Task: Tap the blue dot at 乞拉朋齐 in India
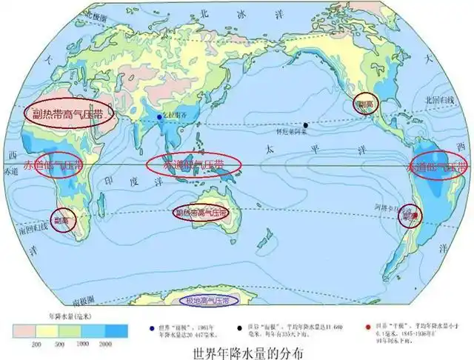[x=160, y=116]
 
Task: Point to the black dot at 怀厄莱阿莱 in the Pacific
[x=305, y=125]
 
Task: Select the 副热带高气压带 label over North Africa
[x=67, y=114]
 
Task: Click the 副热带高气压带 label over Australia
[x=201, y=213]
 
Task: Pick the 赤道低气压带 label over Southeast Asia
[x=193, y=164]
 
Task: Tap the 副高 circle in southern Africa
[x=63, y=220]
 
